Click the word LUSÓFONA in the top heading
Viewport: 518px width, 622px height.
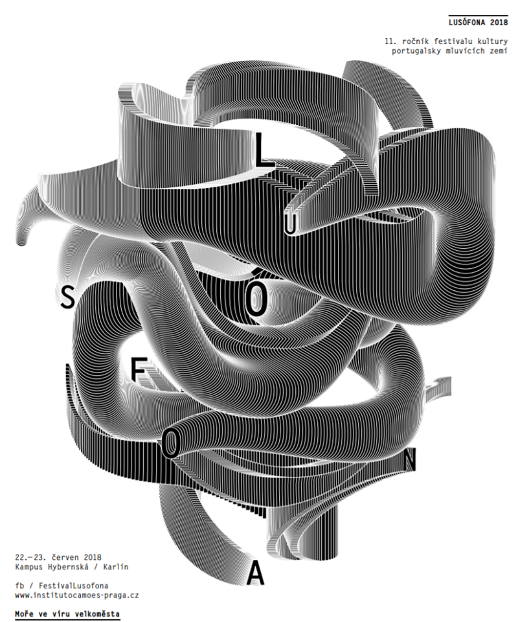[467, 22]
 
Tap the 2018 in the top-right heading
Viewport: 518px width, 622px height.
[499, 22]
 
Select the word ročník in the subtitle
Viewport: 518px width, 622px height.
[415, 41]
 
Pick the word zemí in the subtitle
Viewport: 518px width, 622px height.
[499, 51]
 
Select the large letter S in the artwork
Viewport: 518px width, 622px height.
[68, 297]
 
